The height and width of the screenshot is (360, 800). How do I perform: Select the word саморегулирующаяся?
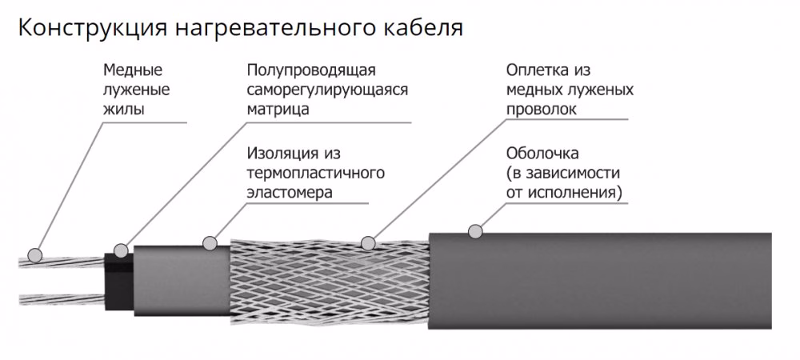(327, 90)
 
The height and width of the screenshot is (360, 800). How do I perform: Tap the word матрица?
(278, 110)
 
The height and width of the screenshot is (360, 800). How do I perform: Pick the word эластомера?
(290, 192)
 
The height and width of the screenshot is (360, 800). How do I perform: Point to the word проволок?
(541, 110)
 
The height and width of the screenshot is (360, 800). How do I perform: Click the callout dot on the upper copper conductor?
(34, 255)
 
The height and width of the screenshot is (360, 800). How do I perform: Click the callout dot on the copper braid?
(369, 242)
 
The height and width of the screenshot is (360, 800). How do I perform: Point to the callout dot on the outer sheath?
(476, 232)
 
